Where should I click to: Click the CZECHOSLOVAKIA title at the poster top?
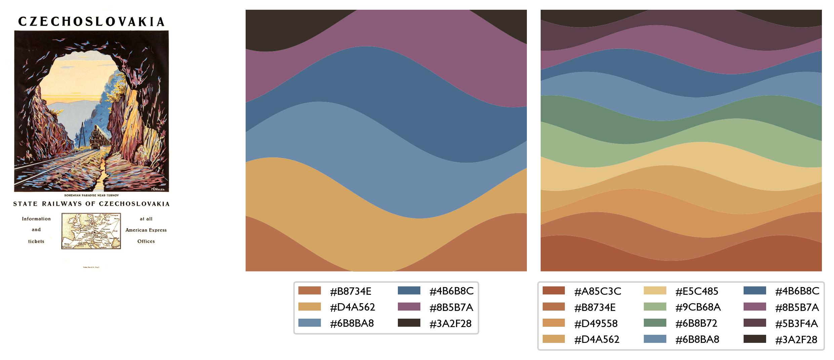pos(91,22)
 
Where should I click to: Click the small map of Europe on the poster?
pos(91,231)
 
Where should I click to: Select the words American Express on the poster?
pos(146,230)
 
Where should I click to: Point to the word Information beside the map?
pos(36,219)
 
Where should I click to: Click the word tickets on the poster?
pos(36,241)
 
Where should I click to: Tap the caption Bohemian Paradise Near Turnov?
pos(91,195)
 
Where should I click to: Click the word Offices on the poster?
pos(146,241)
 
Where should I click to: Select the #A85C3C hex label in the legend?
pos(598,291)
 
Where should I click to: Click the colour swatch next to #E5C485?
pos(655,291)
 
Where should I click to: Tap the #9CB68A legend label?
pos(698,307)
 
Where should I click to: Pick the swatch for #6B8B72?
pos(655,323)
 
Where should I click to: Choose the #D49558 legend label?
pos(596,323)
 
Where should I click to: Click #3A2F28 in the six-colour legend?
pos(450,323)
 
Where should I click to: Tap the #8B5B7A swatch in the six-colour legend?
pos(409,307)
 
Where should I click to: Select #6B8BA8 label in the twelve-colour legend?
pos(697,339)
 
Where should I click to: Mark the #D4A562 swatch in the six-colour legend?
pos(309,307)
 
